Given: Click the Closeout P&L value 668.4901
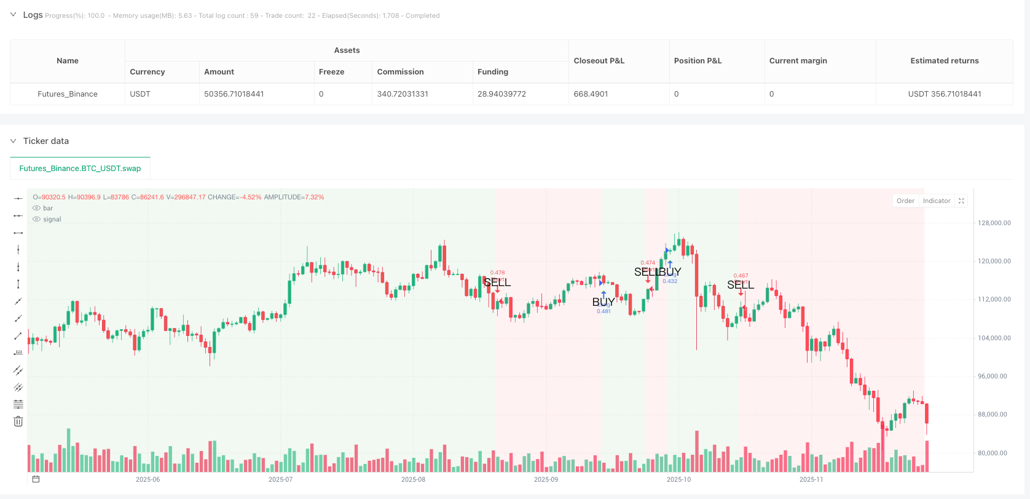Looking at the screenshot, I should tap(591, 94).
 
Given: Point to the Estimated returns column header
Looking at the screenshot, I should tap(944, 61).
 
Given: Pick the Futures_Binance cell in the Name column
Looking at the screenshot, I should tap(68, 94).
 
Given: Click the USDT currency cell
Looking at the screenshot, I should tap(140, 94).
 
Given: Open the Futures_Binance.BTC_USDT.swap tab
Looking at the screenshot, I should tap(80, 169).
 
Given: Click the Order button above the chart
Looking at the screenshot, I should tap(905, 201).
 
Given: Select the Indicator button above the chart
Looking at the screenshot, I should tap(936, 201).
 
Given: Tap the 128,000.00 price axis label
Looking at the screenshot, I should tap(994, 223).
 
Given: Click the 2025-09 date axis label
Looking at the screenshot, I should tap(546, 480).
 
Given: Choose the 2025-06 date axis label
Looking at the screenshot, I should tap(147, 480).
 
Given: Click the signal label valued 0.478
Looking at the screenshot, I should tap(497, 273).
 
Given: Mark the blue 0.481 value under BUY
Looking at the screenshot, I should tap(603, 311).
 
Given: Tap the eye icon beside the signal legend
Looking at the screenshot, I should tap(37, 220).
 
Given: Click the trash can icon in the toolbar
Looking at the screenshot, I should tap(18, 421).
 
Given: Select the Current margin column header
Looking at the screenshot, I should tap(798, 61).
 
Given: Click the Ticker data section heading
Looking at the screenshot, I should tap(46, 142).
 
